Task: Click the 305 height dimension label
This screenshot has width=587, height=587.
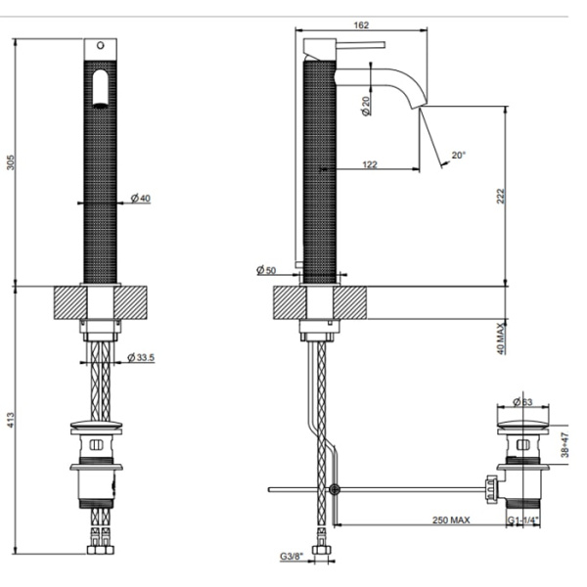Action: [11, 162]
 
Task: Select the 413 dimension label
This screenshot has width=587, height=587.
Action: [11, 421]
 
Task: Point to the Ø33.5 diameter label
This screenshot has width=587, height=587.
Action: [143, 358]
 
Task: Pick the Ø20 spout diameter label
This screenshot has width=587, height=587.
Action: [364, 106]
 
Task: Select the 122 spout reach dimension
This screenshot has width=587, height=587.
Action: [370, 164]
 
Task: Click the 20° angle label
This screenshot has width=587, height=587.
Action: [459, 155]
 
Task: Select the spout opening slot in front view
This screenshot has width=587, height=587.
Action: [98, 89]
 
